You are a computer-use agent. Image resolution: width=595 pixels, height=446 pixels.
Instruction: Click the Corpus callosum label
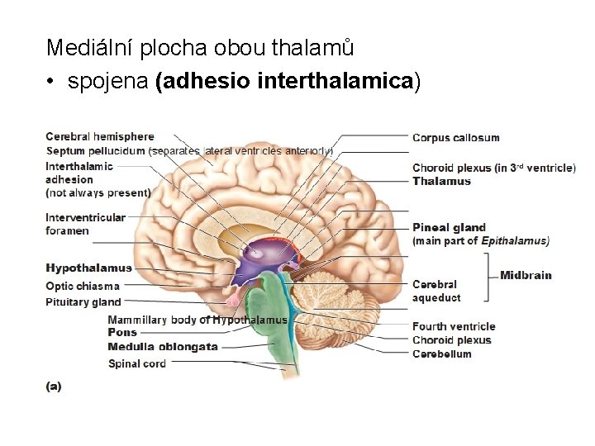coord(455,138)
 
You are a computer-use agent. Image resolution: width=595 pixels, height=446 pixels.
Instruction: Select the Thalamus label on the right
coord(441,181)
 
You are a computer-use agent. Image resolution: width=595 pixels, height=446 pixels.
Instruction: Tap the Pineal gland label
coord(449,228)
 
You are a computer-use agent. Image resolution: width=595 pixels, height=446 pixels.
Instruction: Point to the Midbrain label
coord(526,275)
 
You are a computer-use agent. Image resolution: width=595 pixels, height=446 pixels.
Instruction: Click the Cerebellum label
coord(441,354)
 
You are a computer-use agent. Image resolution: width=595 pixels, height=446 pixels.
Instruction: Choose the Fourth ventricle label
coord(454,326)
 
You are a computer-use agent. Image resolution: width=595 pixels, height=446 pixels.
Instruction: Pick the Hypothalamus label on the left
coord(88,268)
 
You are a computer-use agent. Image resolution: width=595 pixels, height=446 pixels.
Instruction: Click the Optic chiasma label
coord(82,286)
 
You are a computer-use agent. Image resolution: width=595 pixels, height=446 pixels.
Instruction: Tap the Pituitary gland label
coord(83,302)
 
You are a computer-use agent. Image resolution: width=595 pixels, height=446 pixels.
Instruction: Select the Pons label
coord(122,333)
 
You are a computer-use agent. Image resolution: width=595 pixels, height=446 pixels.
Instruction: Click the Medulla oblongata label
coord(163,347)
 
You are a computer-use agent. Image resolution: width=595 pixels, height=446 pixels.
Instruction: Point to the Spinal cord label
coord(136,363)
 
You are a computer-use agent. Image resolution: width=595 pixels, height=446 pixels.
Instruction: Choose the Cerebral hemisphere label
coord(99,136)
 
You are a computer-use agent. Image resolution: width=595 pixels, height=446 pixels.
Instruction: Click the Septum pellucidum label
coord(96,151)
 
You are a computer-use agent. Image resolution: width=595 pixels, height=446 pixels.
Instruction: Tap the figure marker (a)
coord(53,386)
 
